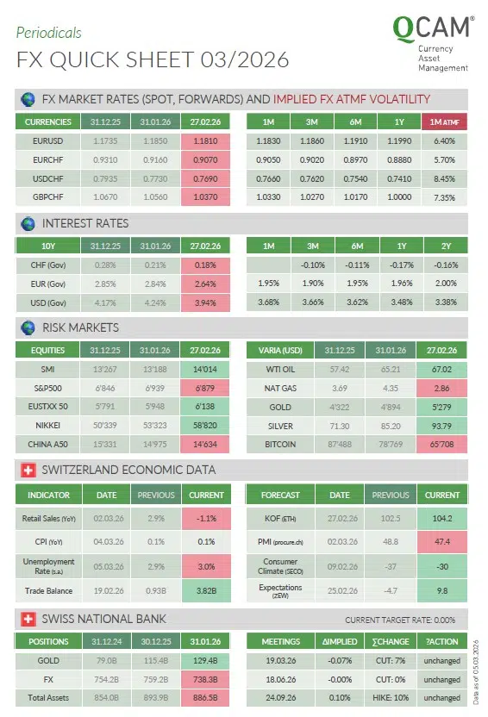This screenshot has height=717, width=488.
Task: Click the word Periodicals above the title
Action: (x=49, y=33)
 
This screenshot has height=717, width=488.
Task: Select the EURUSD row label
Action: (x=47, y=140)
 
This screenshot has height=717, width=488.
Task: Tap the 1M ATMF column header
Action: (x=445, y=122)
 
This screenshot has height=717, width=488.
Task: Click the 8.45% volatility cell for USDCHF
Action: (x=445, y=178)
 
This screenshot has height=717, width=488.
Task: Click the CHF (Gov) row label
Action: (x=47, y=265)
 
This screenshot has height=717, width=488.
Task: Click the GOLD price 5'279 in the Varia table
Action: (x=442, y=407)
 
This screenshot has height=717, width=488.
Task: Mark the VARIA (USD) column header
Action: (x=279, y=351)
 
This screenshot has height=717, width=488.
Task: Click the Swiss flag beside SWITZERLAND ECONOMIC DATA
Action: (x=26, y=470)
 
